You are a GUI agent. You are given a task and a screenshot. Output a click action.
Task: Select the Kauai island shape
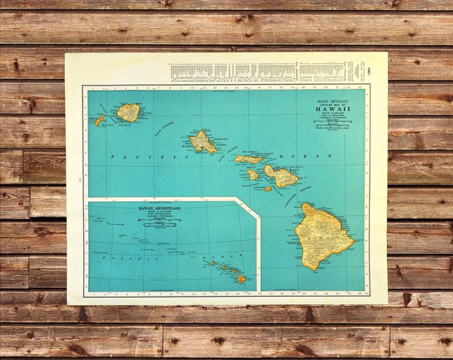tap(128, 112)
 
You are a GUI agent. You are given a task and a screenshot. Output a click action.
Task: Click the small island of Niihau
tap(100, 121)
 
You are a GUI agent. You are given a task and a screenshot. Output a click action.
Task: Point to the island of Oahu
tap(202, 141)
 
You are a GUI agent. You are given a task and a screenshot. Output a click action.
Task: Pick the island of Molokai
tap(248, 159)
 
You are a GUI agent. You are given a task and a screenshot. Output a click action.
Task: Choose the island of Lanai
tap(253, 175)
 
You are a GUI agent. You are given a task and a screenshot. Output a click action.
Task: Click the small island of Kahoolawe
tap(267, 189)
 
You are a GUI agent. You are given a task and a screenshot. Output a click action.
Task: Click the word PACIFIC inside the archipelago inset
tap(117, 257)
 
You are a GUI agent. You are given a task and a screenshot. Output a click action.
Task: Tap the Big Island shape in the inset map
tap(240, 279)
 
